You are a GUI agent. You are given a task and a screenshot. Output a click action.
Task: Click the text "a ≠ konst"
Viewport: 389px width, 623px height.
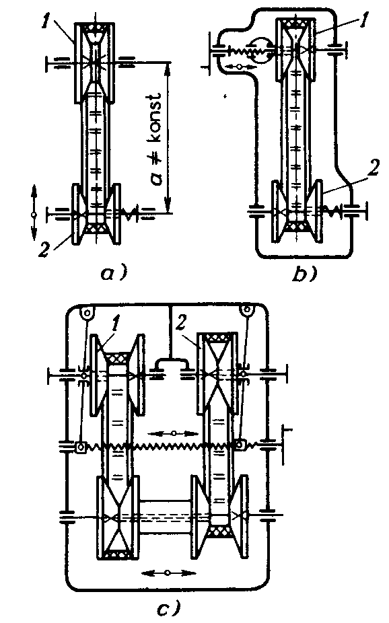tap(156, 139)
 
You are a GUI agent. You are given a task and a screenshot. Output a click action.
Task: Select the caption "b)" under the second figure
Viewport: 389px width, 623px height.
tap(305, 273)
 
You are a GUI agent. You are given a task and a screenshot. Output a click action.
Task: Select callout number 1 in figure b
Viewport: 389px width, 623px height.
tap(363, 20)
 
